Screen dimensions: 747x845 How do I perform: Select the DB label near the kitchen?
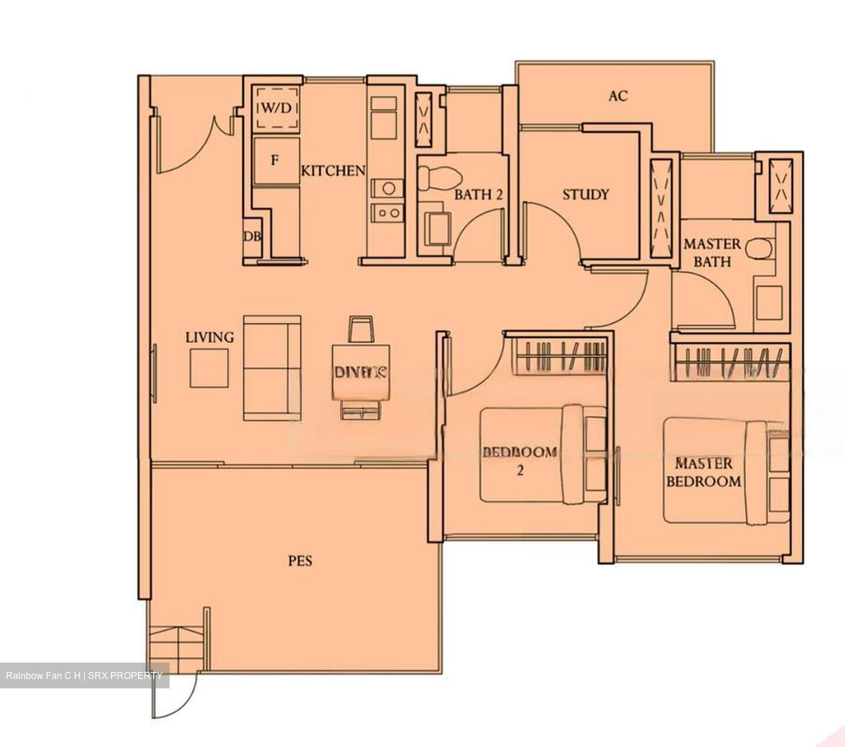pos(252,236)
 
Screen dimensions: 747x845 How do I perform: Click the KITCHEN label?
pos(333,171)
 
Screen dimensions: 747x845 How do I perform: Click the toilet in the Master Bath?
pos(760,249)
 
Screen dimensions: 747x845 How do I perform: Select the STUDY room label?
pos(585,195)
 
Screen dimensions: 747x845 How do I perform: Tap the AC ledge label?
pos(618,96)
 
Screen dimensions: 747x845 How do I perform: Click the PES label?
pos(300,561)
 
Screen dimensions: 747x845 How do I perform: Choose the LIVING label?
pos(209,337)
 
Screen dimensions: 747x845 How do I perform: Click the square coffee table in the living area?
pos(209,368)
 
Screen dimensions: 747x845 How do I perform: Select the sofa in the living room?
pos(272,368)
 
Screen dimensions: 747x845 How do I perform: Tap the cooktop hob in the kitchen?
pos(387,212)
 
